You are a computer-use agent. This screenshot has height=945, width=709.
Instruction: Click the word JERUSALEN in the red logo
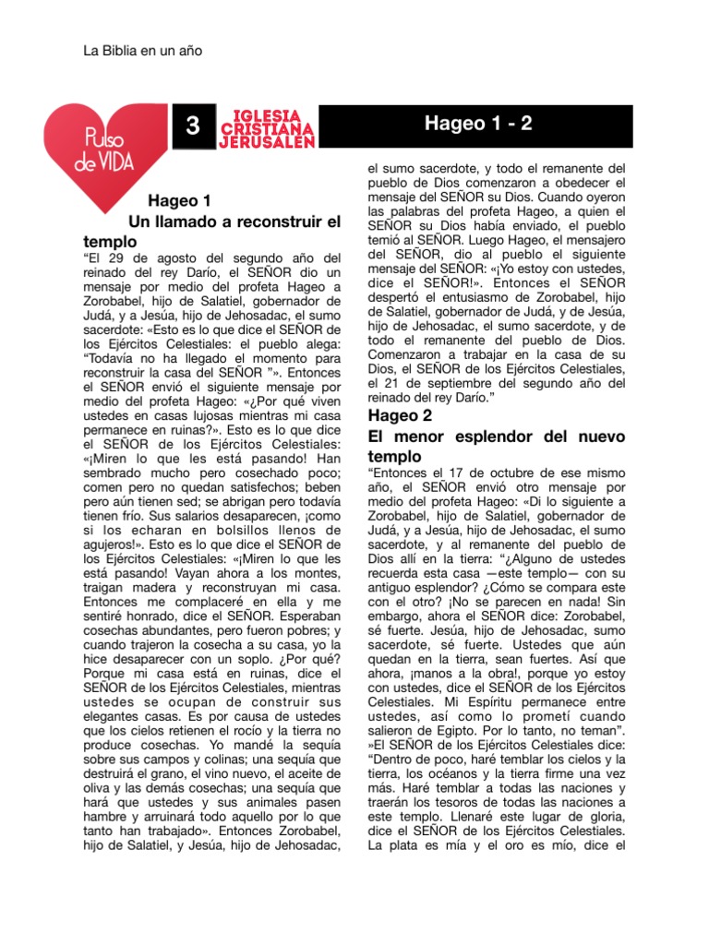coord(268,141)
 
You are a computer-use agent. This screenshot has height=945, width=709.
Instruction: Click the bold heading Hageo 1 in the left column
coord(180,200)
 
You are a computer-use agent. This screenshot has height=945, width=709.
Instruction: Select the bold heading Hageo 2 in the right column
coord(400,415)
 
